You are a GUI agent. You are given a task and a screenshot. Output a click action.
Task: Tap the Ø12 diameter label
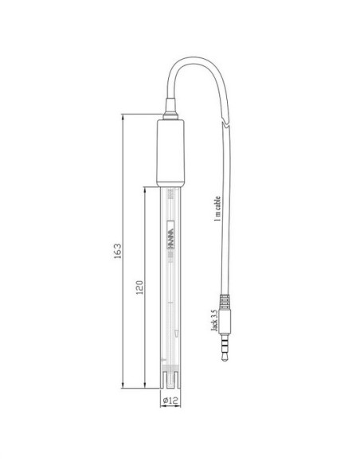pyautogui.click(x=174, y=399)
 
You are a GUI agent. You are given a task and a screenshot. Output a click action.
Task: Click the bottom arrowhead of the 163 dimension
pyautogui.click(x=123, y=384)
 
